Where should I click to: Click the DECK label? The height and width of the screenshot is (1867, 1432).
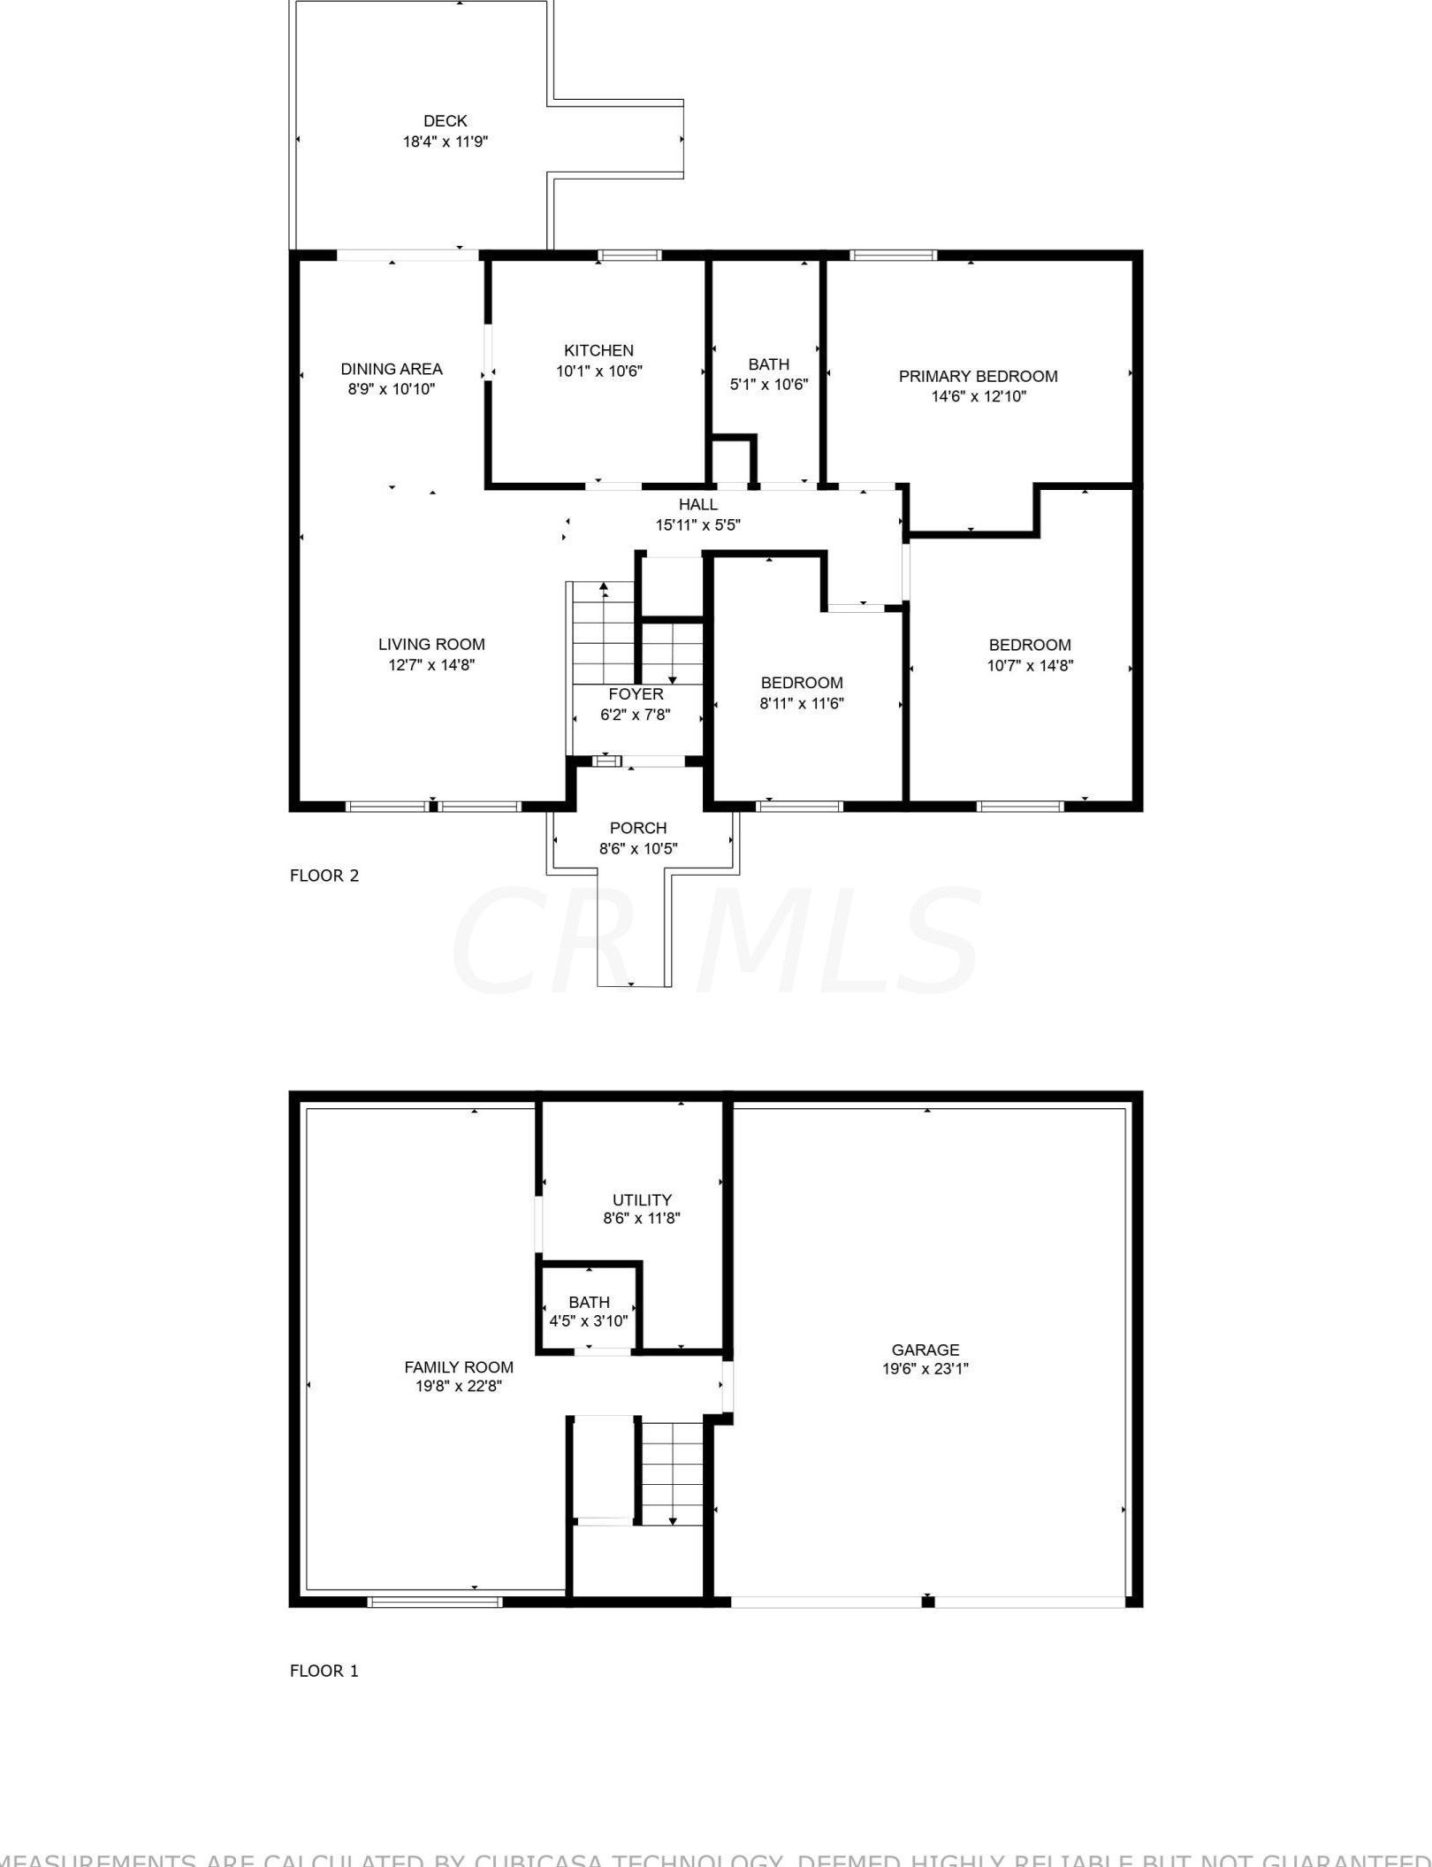point(445,121)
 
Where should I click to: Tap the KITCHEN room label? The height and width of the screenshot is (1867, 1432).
point(598,350)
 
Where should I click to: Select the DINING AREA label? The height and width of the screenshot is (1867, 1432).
point(392,369)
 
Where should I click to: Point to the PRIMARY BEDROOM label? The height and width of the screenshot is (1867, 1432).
point(978,376)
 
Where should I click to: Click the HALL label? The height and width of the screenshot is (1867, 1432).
point(697,504)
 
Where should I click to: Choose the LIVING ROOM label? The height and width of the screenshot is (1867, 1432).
point(431,644)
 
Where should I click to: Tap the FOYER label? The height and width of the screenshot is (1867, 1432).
point(636,694)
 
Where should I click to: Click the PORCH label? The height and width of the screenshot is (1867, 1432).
point(637,828)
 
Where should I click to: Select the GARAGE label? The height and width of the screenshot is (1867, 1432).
point(925,1350)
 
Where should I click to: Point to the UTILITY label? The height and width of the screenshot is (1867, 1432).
point(642,1199)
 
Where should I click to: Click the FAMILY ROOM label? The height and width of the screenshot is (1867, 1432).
point(458,1367)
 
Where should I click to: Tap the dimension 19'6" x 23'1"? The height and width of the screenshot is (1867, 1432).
point(925,1369)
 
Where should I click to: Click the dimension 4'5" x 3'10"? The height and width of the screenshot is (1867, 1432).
point(589,1321)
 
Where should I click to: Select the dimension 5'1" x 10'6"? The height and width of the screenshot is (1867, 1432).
point(768,384)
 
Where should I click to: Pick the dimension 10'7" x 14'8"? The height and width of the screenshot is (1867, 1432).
point(1029,665)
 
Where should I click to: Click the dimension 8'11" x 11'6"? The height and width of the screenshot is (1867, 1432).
point(801,703)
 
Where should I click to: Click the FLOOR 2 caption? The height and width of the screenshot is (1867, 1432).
point(324,876)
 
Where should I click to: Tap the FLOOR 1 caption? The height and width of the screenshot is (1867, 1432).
point(324,1671)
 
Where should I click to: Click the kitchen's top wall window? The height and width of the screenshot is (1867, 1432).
point(629,256)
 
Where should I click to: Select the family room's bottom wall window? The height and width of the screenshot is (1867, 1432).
point(434,1602)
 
